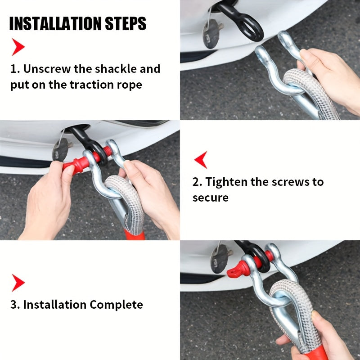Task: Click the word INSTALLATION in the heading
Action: (55, 23)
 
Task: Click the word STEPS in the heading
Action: (126, 23)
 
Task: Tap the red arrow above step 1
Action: (18, 47)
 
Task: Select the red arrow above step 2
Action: (201, 160)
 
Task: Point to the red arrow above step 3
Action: (18, 283)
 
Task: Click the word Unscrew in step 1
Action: (47, 69)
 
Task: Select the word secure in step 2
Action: (211, 198)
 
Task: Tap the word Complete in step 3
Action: (116, 305)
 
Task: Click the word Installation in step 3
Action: (54, 305)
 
